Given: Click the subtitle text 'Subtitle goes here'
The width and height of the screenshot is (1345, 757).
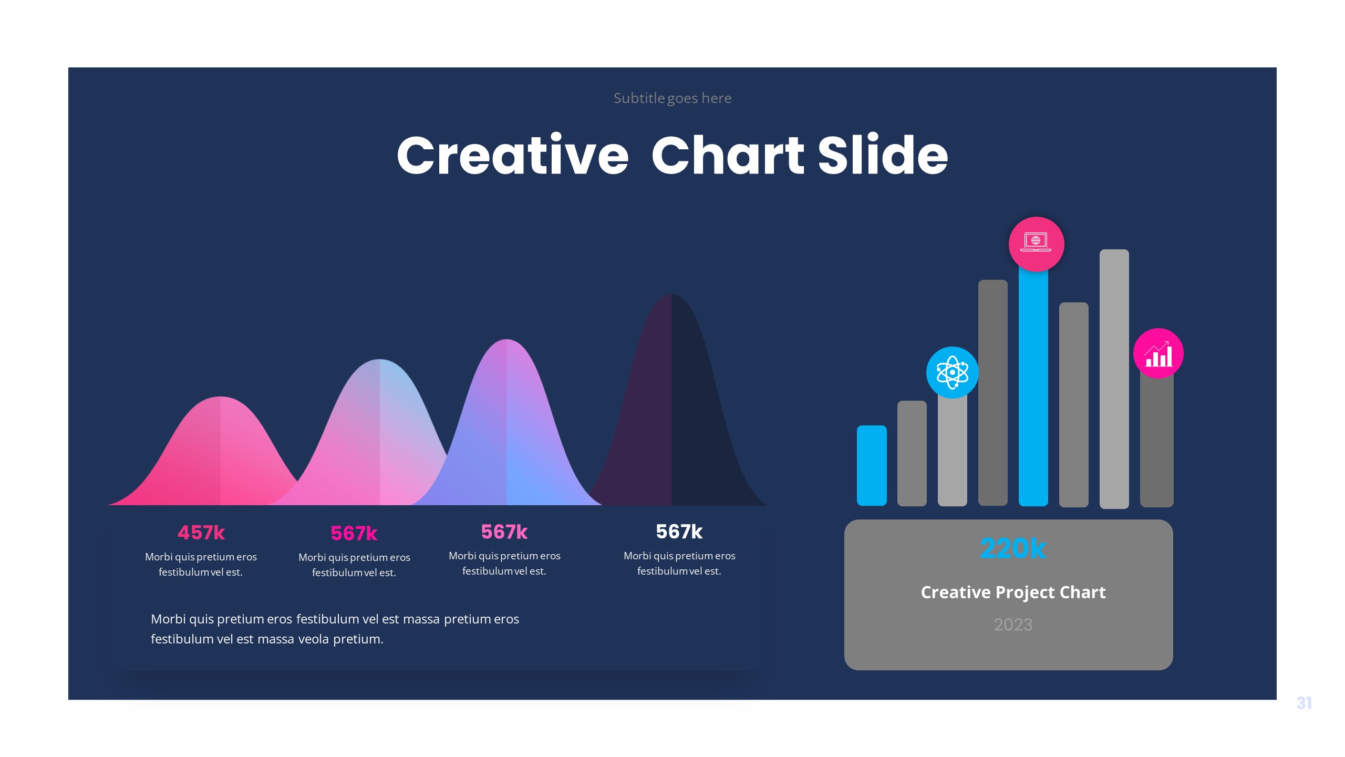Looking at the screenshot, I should click(x=672, y=98).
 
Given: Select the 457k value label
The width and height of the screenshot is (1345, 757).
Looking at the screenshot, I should click(x=201, y=533).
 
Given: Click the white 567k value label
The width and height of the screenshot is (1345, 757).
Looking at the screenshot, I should click(x=679, y=531).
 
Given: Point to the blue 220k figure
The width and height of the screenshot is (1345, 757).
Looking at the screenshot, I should click(x=1013, y=548).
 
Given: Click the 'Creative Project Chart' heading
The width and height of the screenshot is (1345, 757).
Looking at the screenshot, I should click(x=1013, y=592).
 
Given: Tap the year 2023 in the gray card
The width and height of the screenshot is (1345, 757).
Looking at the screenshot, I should click(x=1013, y=625).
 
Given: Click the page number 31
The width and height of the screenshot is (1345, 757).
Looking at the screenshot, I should click(x=1303, y=703).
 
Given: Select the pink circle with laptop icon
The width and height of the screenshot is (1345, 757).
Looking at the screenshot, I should click(x=1036, y=244).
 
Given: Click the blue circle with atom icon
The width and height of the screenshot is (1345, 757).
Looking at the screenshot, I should click(x=952, y=372).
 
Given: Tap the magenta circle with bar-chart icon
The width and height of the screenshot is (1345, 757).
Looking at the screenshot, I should click(x=1158, y=353).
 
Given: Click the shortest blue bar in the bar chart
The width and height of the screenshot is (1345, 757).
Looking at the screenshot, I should click(x=872, y=465).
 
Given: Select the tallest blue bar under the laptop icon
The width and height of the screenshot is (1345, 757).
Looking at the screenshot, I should click(x=1033, y=389).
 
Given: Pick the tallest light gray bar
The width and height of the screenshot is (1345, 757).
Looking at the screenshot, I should click(x=1114, y=378).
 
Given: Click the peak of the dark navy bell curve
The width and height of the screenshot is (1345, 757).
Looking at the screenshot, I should click(x=672, y=298).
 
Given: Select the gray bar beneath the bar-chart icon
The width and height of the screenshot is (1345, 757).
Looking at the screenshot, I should click(x=1156, y=442).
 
